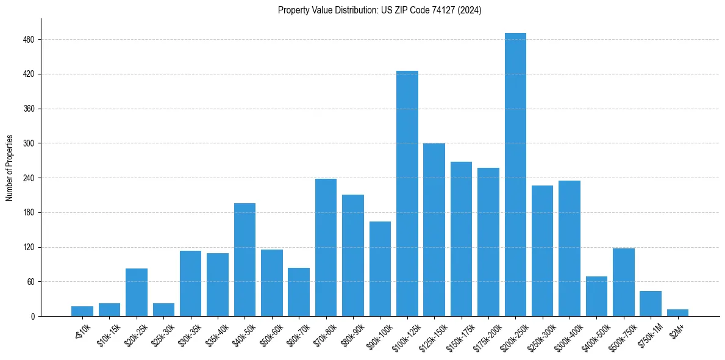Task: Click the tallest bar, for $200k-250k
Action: [515, 175]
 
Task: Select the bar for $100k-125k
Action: [407, 193]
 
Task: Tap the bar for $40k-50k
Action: [245, 260]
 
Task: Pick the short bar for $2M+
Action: [677, 313]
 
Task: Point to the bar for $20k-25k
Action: [137, 292]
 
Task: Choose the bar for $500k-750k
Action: [623, 283]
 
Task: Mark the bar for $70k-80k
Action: [326, 248]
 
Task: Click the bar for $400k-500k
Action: [596, 297]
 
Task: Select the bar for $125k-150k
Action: [434, 230]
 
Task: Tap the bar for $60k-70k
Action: [299, 292]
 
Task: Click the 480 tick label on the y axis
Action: [29, 40]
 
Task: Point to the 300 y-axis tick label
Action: [29, 143]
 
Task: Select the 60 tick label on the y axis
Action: [30, 282]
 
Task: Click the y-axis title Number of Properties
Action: [10, 167]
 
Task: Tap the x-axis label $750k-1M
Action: [648, 333]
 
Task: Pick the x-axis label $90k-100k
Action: [377, 334]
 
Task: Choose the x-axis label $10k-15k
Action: [107, 333]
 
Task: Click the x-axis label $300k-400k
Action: [566, 334]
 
